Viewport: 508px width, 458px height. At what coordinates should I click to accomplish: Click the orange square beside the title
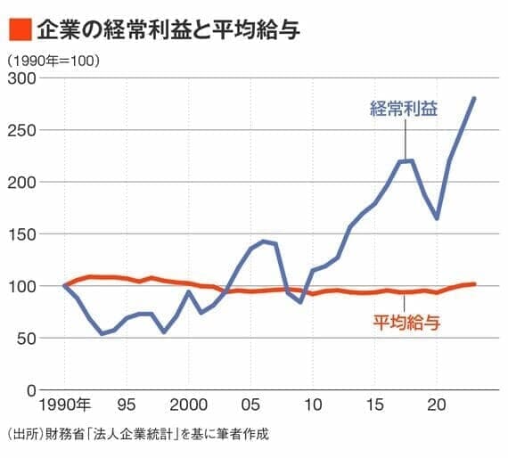point(20,29)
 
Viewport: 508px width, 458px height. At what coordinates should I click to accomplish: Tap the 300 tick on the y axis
point(20,78)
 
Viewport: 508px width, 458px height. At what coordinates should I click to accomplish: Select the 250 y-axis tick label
point(20,130)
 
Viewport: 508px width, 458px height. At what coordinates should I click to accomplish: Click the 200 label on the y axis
point(20,182)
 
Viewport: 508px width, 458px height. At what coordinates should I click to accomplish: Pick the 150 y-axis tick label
point(20,234)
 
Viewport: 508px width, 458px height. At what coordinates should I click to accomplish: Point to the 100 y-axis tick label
point(20,286)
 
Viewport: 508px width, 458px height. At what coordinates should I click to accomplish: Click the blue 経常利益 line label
point(404,110)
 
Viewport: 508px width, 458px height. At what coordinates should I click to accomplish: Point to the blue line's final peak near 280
point(474,98)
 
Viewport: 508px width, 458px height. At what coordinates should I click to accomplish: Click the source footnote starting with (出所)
point(136,435)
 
